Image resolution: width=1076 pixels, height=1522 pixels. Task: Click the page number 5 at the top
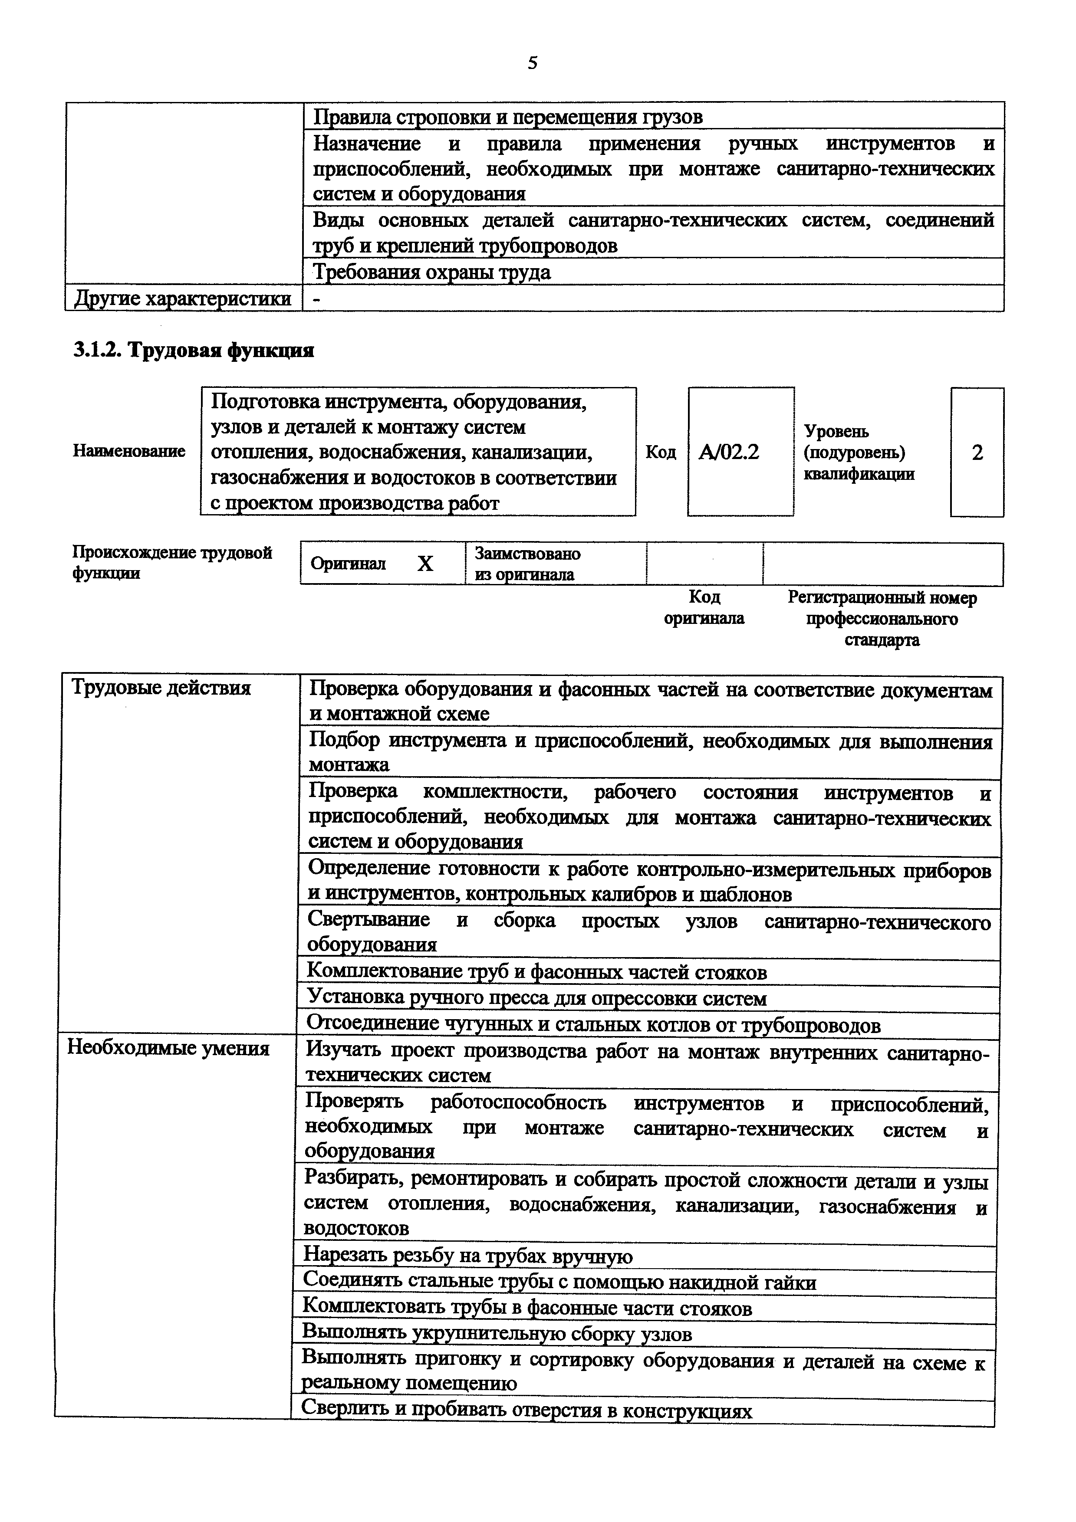[x=533, y=63]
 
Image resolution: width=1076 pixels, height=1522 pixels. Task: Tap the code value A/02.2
[x=729, y=452]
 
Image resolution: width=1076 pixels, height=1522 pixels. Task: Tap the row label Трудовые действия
[x=161, y=688]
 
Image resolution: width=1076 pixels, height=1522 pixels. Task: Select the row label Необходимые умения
[x=169, y=1049]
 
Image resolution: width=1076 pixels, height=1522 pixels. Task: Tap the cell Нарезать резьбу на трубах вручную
[x=468, y=1256]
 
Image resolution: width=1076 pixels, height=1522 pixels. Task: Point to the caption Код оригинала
[x=704, y=608]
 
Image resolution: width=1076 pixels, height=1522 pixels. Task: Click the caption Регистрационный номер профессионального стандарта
[x=882, y=619]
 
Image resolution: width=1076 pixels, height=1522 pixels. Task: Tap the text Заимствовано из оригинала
[x=528, y=564]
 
